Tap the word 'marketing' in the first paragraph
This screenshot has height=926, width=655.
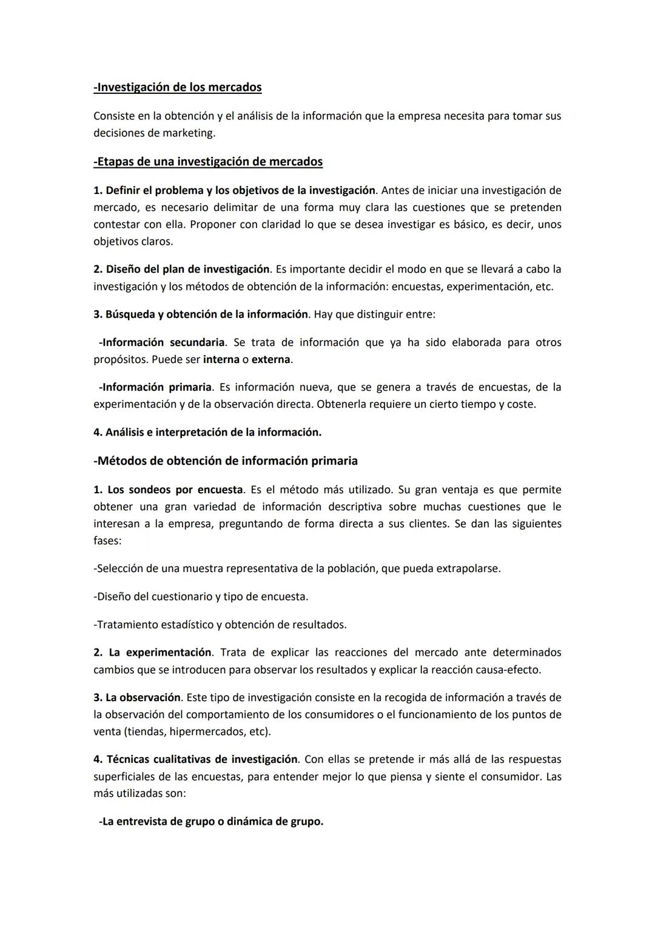tap(188, 133)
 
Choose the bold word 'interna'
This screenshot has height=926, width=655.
tap(221, 359)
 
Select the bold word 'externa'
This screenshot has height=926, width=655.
tap(271, 359)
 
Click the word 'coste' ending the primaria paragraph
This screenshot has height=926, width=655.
tap(520, 404)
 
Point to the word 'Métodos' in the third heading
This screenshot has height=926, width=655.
tap(122, 461)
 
